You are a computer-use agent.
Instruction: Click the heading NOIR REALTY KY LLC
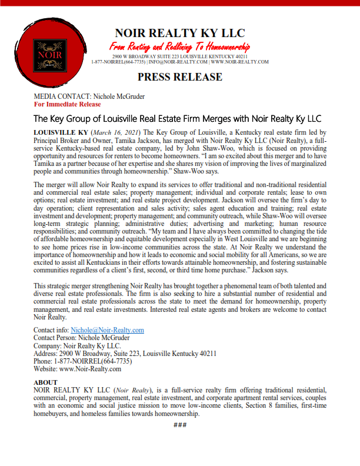click(x=180, y=33)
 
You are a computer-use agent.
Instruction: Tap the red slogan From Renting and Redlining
click(x=180, y=46)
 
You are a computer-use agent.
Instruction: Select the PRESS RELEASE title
click(x=180, y=77)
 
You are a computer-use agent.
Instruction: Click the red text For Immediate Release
click(x=68, y=104)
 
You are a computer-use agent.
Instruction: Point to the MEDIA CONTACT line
click(x=89, y=96)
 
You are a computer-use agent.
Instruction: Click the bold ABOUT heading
click(x=46, y=382)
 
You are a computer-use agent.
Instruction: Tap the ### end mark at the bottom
click(x=180, y=425)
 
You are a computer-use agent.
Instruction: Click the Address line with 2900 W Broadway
click(x=125, y=354)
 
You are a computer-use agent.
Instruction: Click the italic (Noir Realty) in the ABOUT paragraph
click(x=133, y=390)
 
